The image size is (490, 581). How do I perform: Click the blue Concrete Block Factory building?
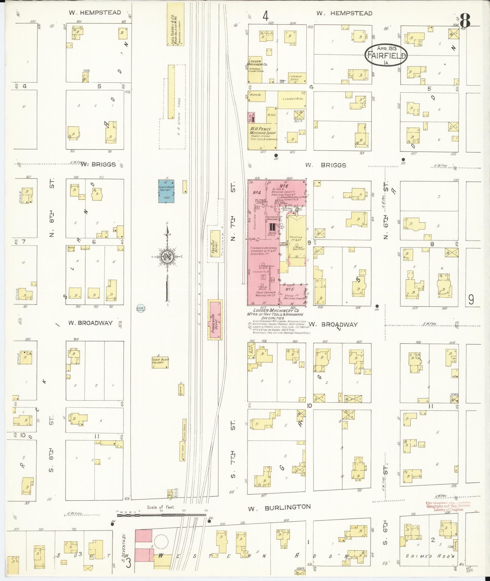coord(166,191)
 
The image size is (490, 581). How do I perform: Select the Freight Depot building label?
coord(215,243)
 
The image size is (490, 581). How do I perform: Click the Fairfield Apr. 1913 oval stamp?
coord(386,55)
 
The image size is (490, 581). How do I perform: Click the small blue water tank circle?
coord(140,309)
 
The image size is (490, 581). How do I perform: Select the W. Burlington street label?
coord(279,507)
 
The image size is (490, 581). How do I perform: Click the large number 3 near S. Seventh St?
coord(128,562)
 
